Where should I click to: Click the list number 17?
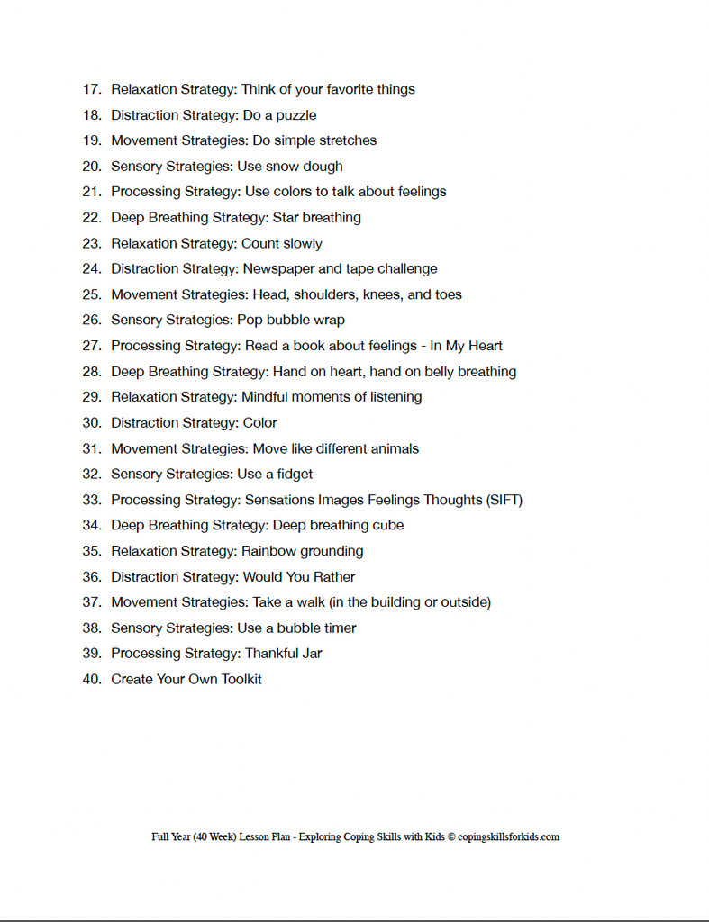[91, 89]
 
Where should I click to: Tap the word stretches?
[348, 140]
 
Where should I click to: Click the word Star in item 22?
[286, 218]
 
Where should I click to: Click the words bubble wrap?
[305, 321]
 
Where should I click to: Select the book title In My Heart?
[466, 346]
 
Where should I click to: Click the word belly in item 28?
[441, 372]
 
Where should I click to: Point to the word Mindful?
[267, 397]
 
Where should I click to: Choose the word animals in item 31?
[393, 448]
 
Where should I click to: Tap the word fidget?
[293, 475]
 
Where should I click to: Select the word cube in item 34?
[387, 526]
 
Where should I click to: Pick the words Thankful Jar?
[283, 654]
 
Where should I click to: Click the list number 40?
[91, 680]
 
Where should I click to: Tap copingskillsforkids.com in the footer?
[509, 837]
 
